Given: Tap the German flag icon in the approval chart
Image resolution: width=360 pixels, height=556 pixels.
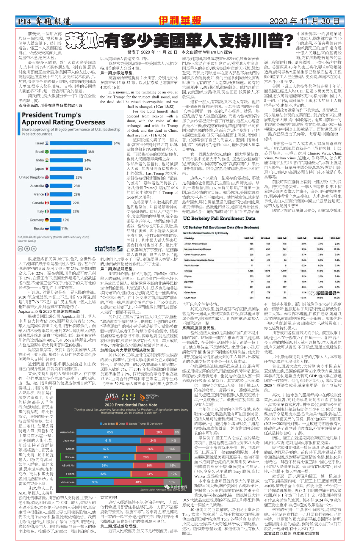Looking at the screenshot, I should point(47,220).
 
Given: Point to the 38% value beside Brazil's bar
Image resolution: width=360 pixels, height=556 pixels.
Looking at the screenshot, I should point(91,152).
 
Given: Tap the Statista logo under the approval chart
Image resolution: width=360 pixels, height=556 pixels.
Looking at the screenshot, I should point(108,249).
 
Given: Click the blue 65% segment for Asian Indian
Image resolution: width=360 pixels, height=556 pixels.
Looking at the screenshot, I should point(110,432).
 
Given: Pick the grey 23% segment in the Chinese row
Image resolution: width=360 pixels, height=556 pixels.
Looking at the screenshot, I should point(168,457).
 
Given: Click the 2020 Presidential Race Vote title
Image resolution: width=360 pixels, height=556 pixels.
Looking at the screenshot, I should point(131,405).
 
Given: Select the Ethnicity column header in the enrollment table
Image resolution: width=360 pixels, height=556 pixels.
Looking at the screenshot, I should point(189,238).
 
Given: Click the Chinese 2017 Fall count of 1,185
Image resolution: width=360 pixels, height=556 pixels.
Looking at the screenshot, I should point(251,271).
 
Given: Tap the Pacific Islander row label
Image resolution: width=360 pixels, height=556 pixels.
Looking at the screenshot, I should point(192,266).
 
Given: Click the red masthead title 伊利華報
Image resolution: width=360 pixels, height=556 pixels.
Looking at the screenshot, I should point(180,21).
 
